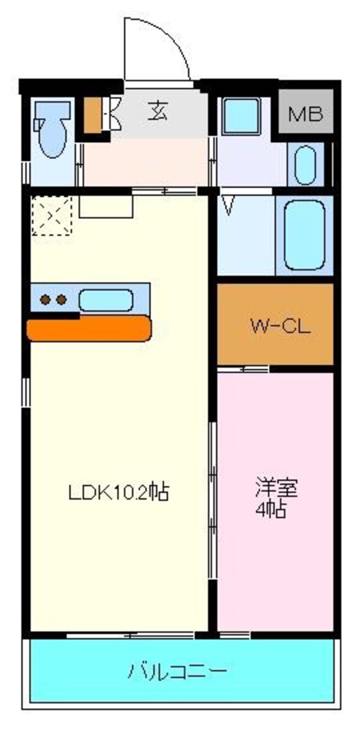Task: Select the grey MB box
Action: click(x=306, y=113)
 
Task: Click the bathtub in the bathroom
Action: click(x=304, y=234)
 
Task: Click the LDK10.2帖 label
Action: click(x=118, y=492)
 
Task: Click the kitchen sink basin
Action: click(x=106, y=299)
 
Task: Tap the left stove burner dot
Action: click(x=46, y=299)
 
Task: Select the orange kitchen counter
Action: click(x=89, y=328)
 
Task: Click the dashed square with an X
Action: click(x=52, y=215)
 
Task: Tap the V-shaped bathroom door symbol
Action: click(x=227, y=204)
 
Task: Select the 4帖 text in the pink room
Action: click(x=270, y=510)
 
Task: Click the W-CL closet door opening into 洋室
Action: click(x=242, y=368)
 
